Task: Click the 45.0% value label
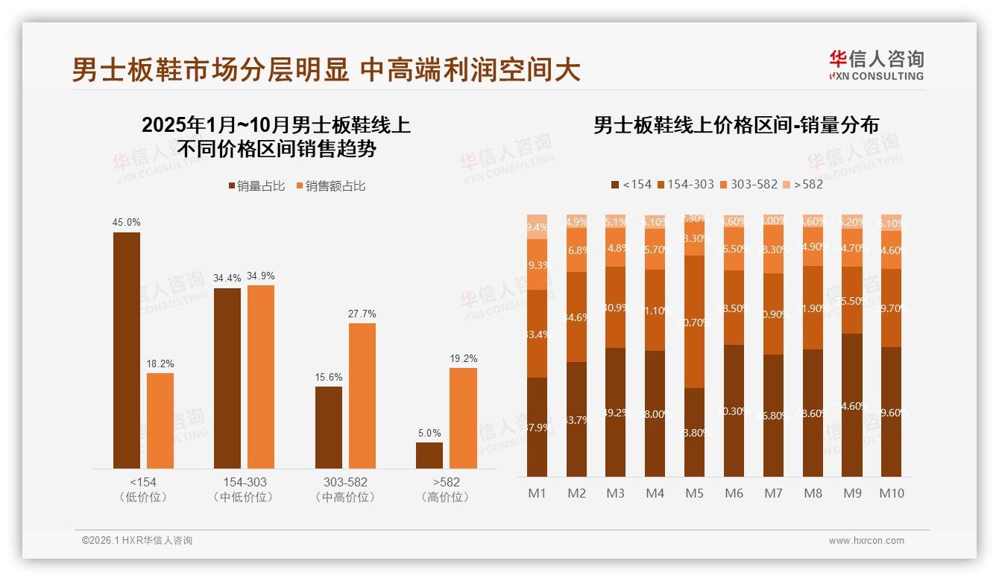[x=126, y=222]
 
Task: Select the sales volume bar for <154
[x=126, y=350]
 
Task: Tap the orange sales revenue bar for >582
[x=462, y=418]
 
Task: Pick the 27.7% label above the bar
[x=362, y=314]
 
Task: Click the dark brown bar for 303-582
[x=328, y=428]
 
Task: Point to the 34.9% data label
[x=261, y=276]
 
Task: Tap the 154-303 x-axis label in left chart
[x=243, y=482]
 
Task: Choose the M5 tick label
[x=694, y=493]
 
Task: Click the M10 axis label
[x=891, y=493]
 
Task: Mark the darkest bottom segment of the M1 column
[x=537, y=427]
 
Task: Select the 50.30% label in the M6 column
[x=734, y=411]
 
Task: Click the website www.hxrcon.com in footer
[x=866, y=541]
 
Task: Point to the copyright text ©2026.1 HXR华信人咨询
[x=137, y=541]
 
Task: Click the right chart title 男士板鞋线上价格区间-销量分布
[x=736, y=124]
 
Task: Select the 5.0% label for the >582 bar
[x=429, y=433]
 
